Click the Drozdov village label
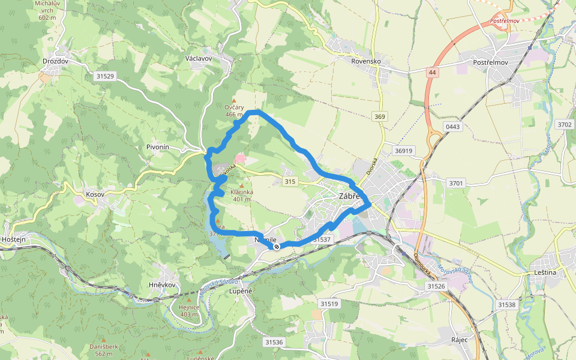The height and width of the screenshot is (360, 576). (55, 61)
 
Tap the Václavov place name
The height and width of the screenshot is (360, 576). (199, 59)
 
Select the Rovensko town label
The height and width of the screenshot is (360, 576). (366, 61)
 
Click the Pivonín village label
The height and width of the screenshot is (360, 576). (158, 147)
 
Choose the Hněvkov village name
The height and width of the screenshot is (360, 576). (161, 284)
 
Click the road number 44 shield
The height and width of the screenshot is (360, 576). (431, 72)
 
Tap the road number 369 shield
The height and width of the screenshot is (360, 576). (379, 116)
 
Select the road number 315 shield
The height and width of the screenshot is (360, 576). (290, 181)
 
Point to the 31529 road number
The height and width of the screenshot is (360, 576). (104, 76)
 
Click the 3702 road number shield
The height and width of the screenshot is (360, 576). (565, 125)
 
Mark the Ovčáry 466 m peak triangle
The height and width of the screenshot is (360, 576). (234, 100)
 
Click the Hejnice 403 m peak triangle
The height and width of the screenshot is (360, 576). (188, 299)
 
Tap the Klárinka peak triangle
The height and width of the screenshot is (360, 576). (242, 185)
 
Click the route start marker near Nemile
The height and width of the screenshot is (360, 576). (277, 246)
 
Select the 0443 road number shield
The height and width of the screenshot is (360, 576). (452, 126)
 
